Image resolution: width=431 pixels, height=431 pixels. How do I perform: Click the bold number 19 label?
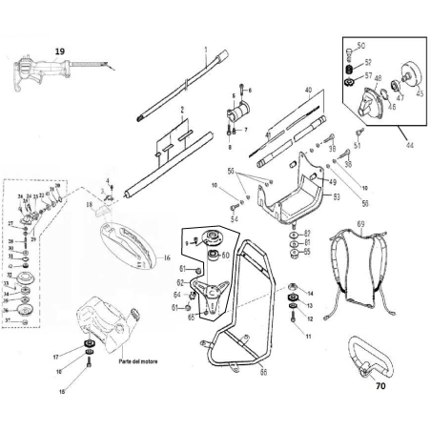(60, 50)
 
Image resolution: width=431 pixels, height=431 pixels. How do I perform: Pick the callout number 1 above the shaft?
(206, 48)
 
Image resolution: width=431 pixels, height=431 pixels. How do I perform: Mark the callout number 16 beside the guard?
(165, 257)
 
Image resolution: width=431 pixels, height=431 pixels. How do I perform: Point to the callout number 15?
(64, 390)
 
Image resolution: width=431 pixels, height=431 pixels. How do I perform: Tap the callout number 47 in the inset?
(400, 95)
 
